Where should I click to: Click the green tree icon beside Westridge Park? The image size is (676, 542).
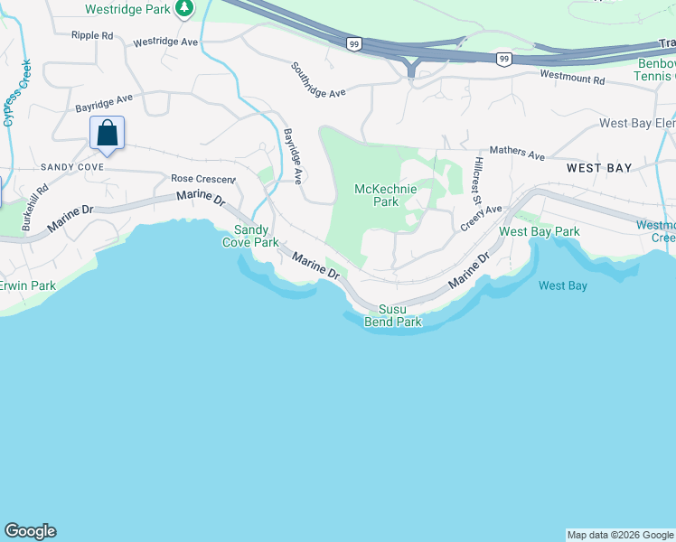pyautogui.click(x=184, y=9)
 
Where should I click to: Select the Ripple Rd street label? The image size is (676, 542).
pyautogui.click(x=92, y=35)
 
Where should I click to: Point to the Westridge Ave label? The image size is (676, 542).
pyautogui.click(x=164, y=42)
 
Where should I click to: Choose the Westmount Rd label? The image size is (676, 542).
pyautogui.click(x=571, y=79)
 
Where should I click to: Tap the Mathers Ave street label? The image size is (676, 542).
pyautogui.click(x=516, y=153)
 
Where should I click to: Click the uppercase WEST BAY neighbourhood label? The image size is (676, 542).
pyautogui.click(x=599, y=169)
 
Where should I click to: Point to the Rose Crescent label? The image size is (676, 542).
pyautogui.click(x=202, y=179)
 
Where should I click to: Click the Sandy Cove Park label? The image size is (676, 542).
pyautogui.click(x=251, y=236)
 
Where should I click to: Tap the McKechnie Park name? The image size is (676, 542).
pyautogui.click(x=376, y=195)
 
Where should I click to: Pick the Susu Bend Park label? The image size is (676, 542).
pyautogui.click(x=393, y=315)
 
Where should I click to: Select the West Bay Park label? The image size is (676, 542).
pyautogui.click(x=540, y=232)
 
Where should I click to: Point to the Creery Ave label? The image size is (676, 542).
pyautogui.click(x=480, y=218)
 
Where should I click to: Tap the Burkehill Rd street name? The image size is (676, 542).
pyautogui.click(x=35, y=209)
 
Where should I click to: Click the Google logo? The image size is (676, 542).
pyautogui.click(x=30, y=531)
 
